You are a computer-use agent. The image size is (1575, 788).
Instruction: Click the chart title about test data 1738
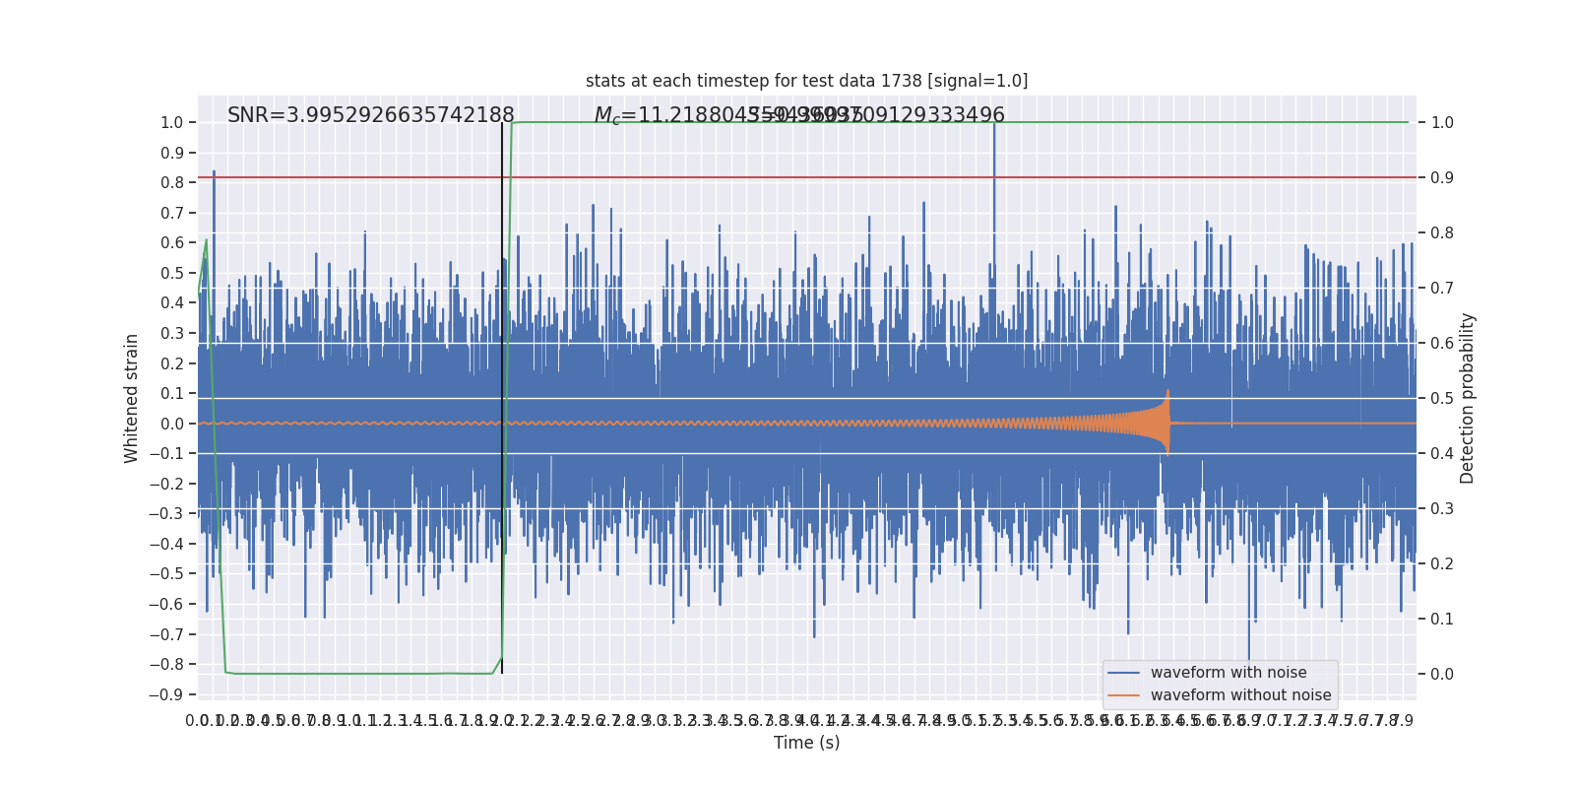point(806,81)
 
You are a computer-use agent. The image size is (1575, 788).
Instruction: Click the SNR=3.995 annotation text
point(371,115)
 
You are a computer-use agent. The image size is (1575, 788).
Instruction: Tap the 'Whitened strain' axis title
point(132,398)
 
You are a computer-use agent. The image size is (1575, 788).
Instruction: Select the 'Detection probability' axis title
point(1468,398)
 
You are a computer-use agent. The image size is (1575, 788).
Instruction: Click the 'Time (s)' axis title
point(806,743)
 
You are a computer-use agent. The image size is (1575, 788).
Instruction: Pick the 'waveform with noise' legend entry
point(1228,673)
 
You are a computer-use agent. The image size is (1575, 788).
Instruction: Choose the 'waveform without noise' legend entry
point(1240,695)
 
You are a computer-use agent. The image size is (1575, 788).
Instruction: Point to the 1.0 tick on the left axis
point(171,123)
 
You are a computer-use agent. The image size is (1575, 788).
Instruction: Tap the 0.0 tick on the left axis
point(171,424)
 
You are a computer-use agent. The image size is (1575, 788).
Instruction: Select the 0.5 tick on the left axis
point(171,273)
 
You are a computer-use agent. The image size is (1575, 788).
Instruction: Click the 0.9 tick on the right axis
point(1442,178)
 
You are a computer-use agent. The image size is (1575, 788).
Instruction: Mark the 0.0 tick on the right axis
point(1442,675)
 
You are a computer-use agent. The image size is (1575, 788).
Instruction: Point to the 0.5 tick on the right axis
point(1442,399)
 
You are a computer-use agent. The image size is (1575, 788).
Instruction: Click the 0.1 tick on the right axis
point(1442,620)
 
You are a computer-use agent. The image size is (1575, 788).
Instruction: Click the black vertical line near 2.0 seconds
point(502,394)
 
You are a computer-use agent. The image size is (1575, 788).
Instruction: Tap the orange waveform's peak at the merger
point(1167,392)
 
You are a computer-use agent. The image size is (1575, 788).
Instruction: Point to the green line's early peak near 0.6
point(206,240)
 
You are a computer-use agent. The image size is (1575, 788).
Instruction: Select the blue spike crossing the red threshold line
point(214,175)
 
